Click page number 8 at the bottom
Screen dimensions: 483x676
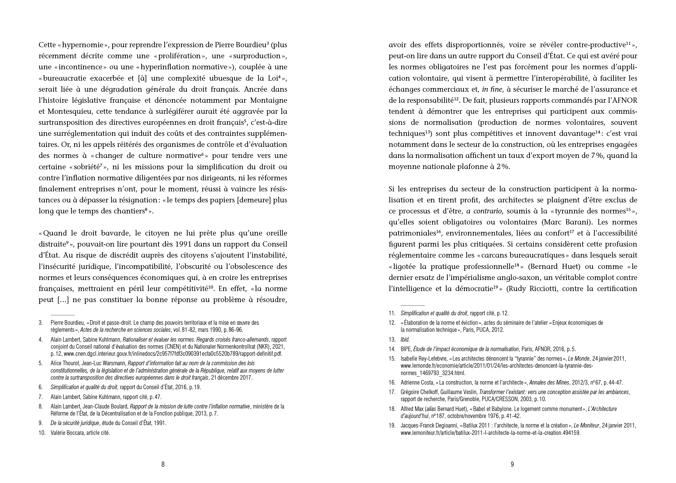163,465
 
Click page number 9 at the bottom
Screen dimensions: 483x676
512,465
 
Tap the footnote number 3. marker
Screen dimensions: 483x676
41,323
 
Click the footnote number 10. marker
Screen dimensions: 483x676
42,433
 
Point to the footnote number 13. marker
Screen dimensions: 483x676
392,339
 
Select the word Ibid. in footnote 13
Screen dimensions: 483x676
405,339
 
